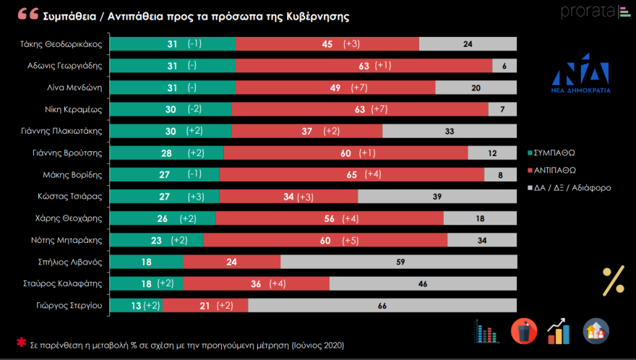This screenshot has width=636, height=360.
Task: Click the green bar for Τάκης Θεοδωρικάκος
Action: (174, 43)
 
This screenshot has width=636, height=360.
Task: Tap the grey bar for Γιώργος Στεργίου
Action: (382, 306)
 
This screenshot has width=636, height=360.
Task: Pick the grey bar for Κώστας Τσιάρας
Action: (437, 197)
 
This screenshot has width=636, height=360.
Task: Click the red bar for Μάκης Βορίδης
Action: (351, 174)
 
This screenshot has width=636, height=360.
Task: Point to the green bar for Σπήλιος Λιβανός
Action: (148, 262)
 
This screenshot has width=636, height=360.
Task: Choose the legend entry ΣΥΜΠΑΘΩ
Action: (558, 153)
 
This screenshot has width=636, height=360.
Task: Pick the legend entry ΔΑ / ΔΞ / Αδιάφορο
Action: (570, 187)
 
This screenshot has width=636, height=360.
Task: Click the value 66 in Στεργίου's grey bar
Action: (382, 306)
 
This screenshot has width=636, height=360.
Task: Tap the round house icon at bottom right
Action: (596, 331)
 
